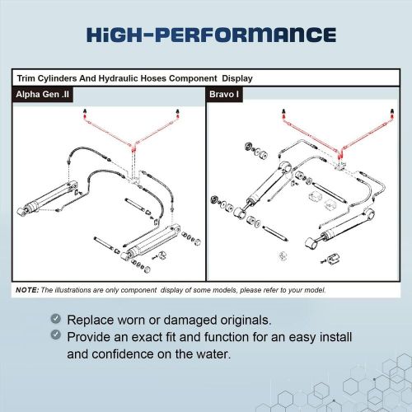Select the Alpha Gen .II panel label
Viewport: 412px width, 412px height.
44,95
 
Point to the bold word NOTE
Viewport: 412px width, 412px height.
26,291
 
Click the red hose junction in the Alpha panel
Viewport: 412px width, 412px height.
132,149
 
